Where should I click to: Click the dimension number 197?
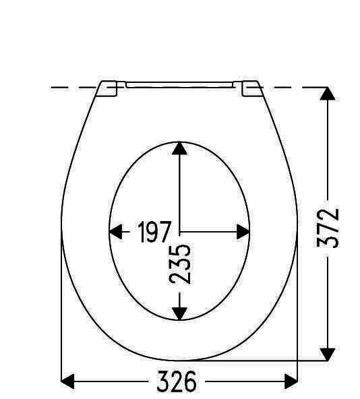154,232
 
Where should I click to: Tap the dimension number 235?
180,264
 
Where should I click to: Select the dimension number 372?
328,228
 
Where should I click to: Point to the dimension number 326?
177,381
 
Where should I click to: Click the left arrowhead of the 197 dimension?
115,232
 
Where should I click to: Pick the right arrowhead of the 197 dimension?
243,232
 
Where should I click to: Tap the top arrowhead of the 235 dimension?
179,148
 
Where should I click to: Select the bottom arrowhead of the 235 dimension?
179,314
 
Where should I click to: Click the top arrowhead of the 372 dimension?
328,94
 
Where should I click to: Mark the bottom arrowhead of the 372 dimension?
328,355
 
